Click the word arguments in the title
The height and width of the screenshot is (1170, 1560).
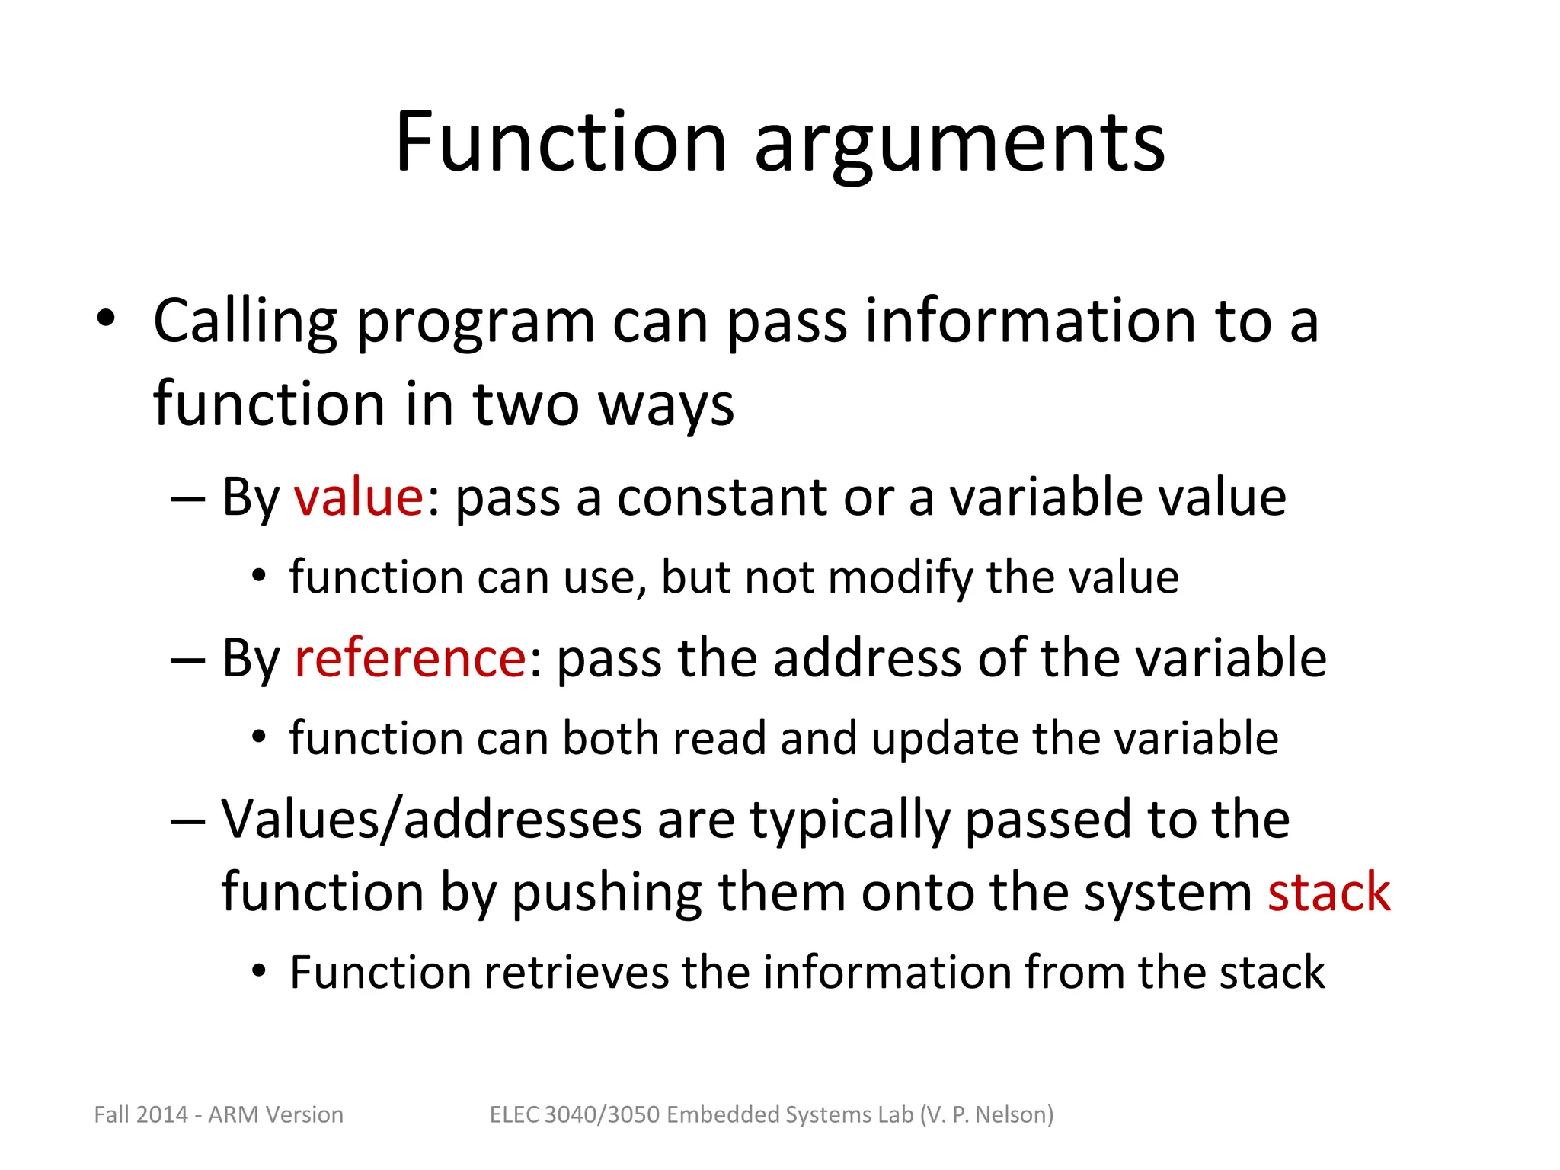[x=959, y=145]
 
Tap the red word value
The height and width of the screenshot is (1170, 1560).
[x=358, y=497]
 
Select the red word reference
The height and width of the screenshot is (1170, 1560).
[x=410, y=658]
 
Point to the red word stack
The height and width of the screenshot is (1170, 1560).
[x=1328, y=892]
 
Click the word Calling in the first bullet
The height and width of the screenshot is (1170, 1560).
[x=245, y=322]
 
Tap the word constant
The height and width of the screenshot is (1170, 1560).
[x=721, y=497]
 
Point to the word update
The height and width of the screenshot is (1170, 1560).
[x=944, y=739]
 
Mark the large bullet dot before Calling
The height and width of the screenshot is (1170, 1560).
[x=106, y=319]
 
